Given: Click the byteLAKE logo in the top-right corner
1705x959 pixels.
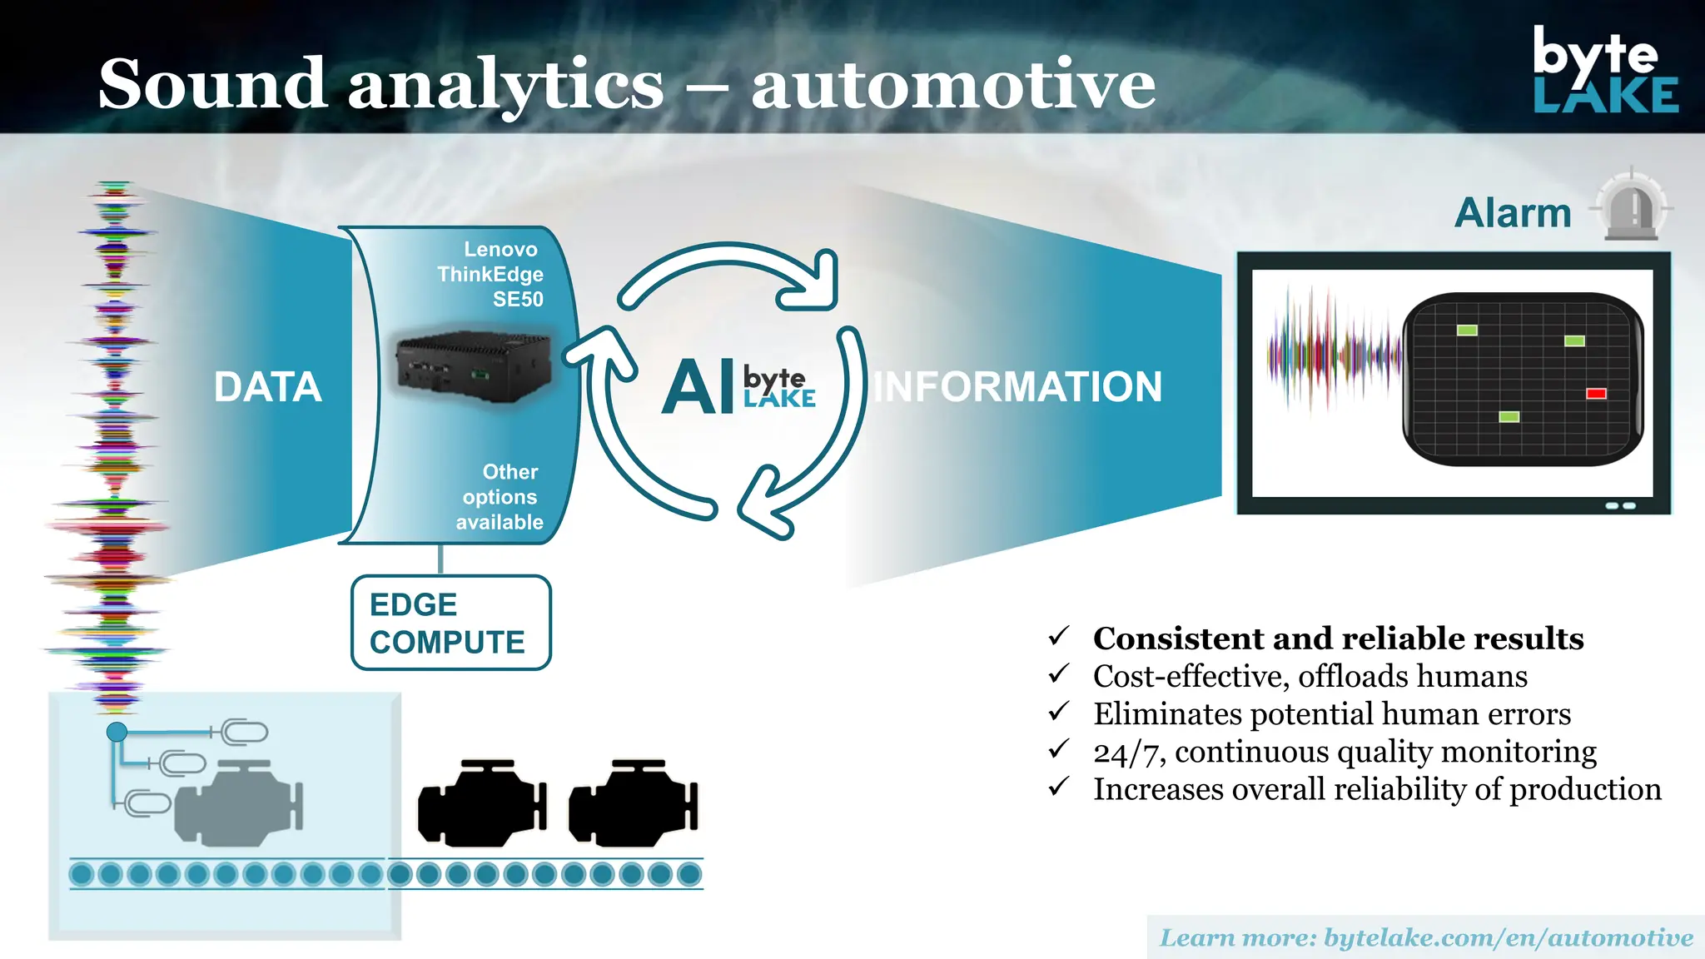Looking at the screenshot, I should (1604, 70).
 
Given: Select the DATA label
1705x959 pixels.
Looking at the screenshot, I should (267, 387).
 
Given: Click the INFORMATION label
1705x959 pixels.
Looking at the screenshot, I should (1017, 387).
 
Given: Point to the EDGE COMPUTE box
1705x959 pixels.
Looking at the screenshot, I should (450, 623).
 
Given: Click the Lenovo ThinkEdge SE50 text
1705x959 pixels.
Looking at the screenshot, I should (491, 274).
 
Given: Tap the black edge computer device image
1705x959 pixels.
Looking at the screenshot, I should (473, 367).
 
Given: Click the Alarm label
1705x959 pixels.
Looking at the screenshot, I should (1512, 213).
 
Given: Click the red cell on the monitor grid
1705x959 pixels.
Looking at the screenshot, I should (1596, 394).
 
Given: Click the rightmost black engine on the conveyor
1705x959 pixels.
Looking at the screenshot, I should (634, 804).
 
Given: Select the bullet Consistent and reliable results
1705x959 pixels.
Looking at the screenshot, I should (1337, 639).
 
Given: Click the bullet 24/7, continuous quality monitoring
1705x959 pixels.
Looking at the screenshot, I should (1344, 752).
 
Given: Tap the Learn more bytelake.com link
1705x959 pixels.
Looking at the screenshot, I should (1425, 938).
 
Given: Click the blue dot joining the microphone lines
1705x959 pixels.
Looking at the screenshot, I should (117, 732).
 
